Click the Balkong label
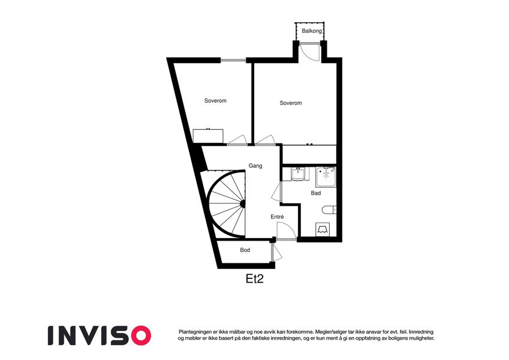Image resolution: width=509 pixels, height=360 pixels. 312,31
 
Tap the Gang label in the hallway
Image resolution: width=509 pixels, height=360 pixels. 255,166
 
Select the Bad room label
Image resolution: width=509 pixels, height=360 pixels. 316,193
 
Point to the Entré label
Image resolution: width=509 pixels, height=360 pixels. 277,217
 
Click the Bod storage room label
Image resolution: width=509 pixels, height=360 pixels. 245,250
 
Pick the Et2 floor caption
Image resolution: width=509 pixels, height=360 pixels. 254,279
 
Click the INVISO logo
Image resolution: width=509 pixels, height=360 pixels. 100,335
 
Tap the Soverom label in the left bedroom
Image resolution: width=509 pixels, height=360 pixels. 215,101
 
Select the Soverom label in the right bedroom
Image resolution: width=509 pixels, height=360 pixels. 291,103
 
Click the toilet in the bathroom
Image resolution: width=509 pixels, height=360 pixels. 329,210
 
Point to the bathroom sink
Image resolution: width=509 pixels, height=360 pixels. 298,175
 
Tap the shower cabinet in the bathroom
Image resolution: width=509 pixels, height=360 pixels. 326,177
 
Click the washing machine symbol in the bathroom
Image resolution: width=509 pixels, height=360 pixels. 323,229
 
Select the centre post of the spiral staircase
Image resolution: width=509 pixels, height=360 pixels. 242,204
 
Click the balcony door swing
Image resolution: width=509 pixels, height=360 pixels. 311,52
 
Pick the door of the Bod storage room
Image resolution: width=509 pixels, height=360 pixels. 276,252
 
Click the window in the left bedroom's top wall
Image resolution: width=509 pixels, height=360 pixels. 233,60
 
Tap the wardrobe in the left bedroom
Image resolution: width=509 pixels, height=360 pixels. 208,136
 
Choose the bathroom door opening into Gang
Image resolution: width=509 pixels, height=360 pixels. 276,192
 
